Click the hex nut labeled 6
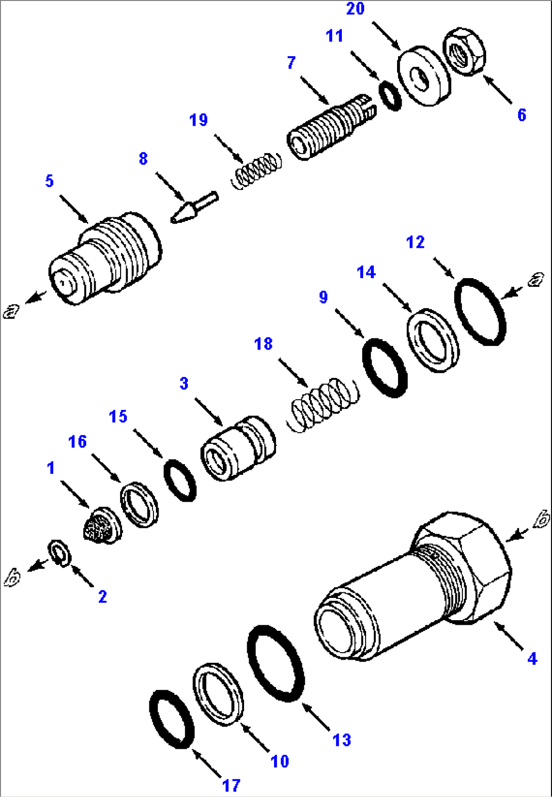click(464, 52)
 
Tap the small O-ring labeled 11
click(390, 95)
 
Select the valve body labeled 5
click(106, 258)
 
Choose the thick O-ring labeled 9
click(385, 368)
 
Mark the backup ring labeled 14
click(433, 340)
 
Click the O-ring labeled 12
click(480, 312)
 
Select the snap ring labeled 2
click(60, 554)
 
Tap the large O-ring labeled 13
click(275, 663)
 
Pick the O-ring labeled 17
click(172, 719)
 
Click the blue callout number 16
click(77, 442)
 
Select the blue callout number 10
click(280, 761)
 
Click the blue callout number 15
click(118, 416)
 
